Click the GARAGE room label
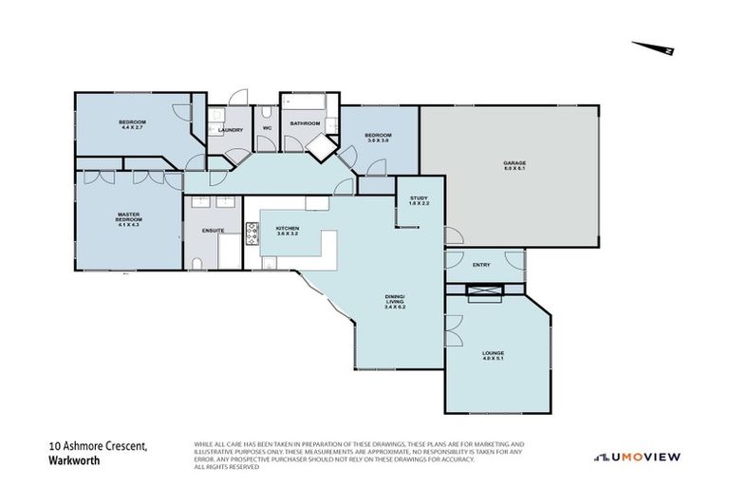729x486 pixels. coord(514,163)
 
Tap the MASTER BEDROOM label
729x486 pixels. coord(128,217)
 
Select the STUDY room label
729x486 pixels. coord(419,197)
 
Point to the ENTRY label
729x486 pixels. coord(481,265)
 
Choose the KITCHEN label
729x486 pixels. coord(287,229)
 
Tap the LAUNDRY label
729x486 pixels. coord(230,130)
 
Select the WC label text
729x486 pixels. coord(267,127)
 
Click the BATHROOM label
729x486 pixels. coord(305,123)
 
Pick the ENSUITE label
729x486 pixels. coord(213,231)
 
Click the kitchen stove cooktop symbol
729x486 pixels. coord(253,233)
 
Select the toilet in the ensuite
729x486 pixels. coord(196,263)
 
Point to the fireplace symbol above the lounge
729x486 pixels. coord(484,290)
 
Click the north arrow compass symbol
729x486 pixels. coord(654,48)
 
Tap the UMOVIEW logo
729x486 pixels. coord(637,458)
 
